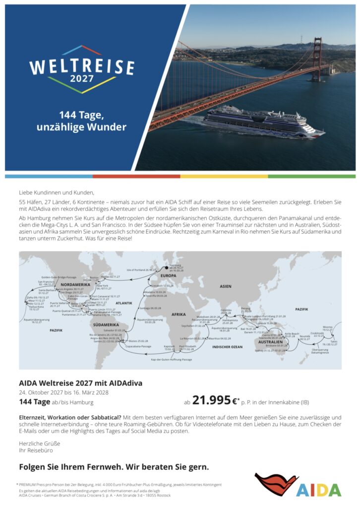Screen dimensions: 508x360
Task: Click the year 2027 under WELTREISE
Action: click(81, 78)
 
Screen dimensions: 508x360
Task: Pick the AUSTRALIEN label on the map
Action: click(270, 342)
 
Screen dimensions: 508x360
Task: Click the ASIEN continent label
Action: click(226, 286)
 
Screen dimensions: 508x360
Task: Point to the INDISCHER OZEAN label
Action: click(227, 347)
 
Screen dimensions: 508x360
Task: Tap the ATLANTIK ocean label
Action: click(124, 303)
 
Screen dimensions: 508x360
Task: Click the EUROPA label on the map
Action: click(169, 276)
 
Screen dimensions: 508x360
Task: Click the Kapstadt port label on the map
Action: click(170, 346)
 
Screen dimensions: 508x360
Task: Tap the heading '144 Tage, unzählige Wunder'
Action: click(81, 122)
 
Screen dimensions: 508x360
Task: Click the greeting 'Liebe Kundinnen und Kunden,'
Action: click(56, 192)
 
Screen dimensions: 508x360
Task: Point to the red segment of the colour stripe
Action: click(136, 176)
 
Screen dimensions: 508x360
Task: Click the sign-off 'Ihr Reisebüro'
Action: click(36, 450)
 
